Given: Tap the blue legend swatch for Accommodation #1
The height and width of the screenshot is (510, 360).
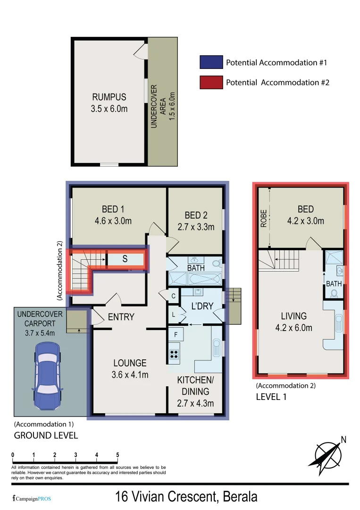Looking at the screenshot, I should [210, 62].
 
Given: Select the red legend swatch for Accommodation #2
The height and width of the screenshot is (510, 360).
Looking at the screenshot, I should [210, 82].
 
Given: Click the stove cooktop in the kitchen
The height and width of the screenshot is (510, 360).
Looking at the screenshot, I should [174, 354].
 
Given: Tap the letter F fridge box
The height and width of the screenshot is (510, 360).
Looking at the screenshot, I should [176, 335].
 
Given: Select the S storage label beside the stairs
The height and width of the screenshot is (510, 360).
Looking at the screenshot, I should [125, 259].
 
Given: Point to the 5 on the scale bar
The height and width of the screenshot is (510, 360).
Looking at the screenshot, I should [117, 455].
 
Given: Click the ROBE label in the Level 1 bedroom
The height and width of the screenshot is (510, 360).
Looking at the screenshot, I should [264, 218].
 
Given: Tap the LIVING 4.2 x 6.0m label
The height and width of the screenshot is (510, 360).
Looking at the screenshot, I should [293, 322].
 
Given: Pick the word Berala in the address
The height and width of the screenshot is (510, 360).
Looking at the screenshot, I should [240, 497].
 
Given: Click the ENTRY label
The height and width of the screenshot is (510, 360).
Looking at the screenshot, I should [121, 317].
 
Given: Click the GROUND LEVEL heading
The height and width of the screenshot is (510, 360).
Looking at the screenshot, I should [46, 435].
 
